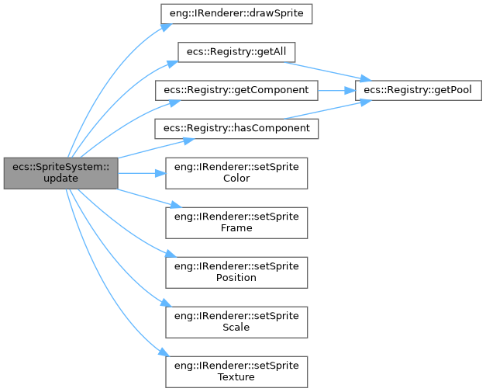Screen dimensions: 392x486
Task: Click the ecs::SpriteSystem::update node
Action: pos(60,173)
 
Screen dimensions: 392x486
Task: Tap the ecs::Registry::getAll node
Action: pos(236,51)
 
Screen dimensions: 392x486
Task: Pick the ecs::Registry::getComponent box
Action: pos(236,89)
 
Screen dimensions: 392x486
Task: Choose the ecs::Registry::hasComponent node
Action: pos(236,127)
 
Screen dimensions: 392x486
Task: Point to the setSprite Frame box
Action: pos(236,222)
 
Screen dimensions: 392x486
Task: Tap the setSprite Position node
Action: pos(236,271)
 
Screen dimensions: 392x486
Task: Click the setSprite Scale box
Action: pos(236,320)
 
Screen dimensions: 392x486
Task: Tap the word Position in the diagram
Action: pos(236,277)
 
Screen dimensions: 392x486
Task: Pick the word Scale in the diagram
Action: pos(236,326)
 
